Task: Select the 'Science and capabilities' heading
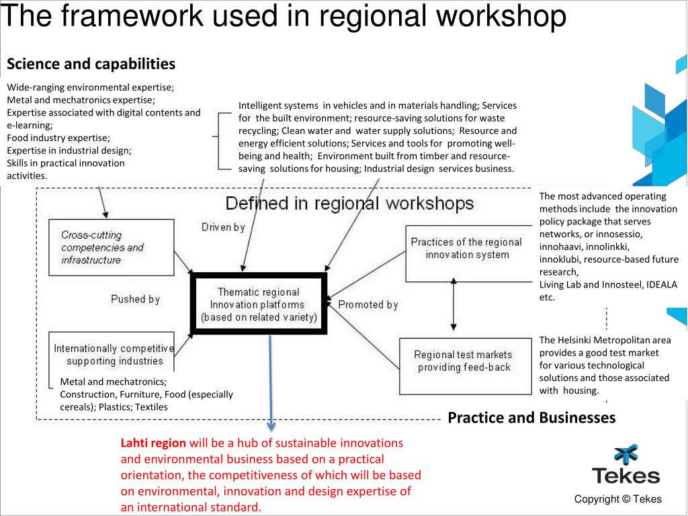[91, 64]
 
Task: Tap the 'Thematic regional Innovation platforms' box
[259, 304]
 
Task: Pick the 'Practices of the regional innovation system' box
[466, 249]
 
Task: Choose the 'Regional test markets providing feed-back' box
[463, 361]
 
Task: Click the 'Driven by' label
[223, 228]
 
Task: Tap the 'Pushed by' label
[135, 299]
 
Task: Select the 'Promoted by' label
[368, 305]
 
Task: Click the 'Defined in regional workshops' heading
[349, 204]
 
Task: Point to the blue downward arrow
[271, 383]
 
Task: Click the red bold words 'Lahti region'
[153, 443]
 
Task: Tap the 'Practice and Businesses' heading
[531, 418]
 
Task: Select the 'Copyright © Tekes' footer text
[618, 499]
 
